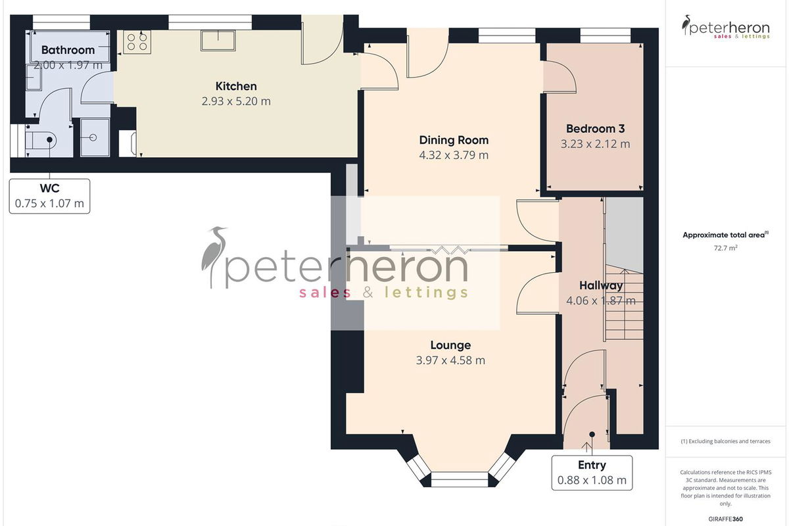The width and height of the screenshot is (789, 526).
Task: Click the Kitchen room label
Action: [x=236, y=86]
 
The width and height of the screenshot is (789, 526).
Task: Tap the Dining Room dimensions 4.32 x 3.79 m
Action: [x=454, y=155]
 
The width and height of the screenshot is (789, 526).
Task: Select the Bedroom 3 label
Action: [x=595, y=129]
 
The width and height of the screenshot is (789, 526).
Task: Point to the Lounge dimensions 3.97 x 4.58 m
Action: [x=450, y=360]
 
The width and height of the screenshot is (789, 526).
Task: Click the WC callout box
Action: [x=49, y=196]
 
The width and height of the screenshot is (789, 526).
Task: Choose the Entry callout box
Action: [x=592, y=473]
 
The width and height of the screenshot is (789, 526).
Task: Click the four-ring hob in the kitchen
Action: [x=137, y=42]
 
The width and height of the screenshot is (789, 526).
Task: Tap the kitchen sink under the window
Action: [x=218, y=40]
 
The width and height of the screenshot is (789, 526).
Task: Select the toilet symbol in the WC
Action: [x=41, y=140]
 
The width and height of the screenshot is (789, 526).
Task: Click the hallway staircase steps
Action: [x=624, y=303]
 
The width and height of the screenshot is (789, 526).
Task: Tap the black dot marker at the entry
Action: [x=592, y=435]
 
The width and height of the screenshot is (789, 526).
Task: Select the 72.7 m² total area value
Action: [x=726, y=248]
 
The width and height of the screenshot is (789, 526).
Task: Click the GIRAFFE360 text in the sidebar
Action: [x=726, y=519]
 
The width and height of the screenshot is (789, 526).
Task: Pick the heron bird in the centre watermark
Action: [x=213, y=255]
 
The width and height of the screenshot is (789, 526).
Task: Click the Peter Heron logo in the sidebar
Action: [x=726, y=27]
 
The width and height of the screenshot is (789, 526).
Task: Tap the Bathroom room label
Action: [x=68, y=50]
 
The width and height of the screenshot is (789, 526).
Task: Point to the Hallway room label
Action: [x=601, y=285]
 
